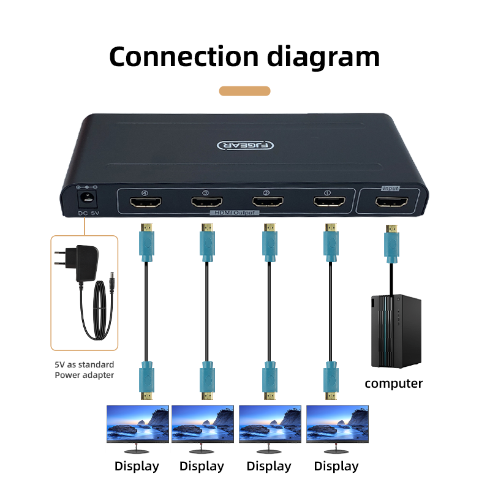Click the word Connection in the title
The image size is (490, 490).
[x=184, y=56]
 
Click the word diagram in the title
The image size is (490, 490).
[x=323, y=58]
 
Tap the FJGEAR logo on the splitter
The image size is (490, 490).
[x=246, y=145]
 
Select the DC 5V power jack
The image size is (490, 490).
[x=87, y=198]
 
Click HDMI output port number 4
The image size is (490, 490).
[x=146, y=202]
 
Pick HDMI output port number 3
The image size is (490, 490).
[x=207, y=202]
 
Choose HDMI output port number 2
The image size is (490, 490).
[x=268, y=202]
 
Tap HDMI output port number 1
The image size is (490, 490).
[x=330, y=202]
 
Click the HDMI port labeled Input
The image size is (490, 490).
[x=391, y=202]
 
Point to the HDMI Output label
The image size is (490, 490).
[x=235, y=213]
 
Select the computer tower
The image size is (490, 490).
[x=396, y=331]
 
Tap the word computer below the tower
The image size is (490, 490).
[x=393, y=384]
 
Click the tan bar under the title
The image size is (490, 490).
[x=244, y=91]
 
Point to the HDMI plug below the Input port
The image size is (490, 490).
[x=391, y=244]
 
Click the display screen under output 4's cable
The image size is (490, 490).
[x=138, y=424]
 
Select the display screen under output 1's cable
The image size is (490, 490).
[x=337, y=424]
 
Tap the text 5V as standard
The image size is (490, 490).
[x=85, y=364]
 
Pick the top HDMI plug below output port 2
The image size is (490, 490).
[x=269, y=243]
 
